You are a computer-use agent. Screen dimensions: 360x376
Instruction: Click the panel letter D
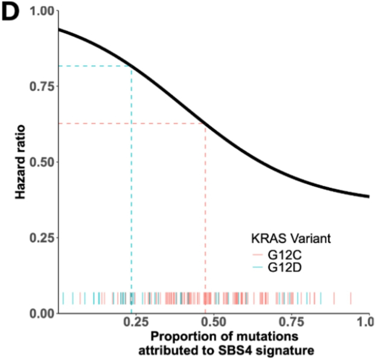pos(13,13)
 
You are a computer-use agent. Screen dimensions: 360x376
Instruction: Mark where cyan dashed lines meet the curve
pos(131,66)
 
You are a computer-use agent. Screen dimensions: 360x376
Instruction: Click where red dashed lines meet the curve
pos(205,123)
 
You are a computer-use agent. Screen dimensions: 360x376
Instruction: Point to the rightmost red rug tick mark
pos(350,298)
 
